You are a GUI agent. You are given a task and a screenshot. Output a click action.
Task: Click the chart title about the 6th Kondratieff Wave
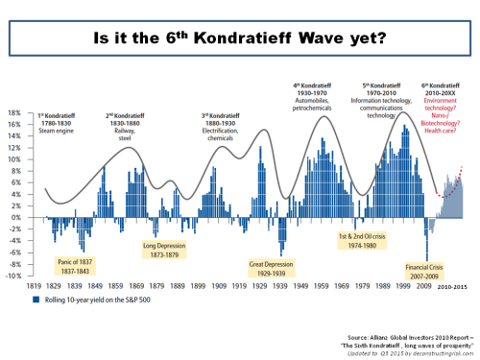pyautogui.click(x=240, y=40)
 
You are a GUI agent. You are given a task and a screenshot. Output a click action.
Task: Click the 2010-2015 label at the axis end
pyautogui.click(x=453, y=285)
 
